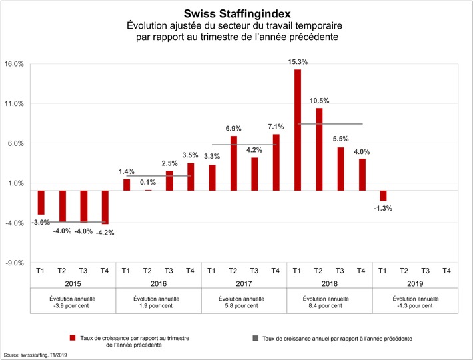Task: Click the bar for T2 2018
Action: point(319,149)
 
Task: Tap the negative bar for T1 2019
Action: point(383,195)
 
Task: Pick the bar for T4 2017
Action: point(276,163)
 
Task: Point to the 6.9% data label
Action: point(234,127)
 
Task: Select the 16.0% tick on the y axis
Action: point(14,64)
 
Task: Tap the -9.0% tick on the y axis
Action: point(14,263)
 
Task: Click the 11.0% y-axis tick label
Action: point(14,104)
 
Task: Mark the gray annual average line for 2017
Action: point(243,145)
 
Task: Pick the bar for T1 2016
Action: point(127,185)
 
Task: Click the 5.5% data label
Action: point(340,139)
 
